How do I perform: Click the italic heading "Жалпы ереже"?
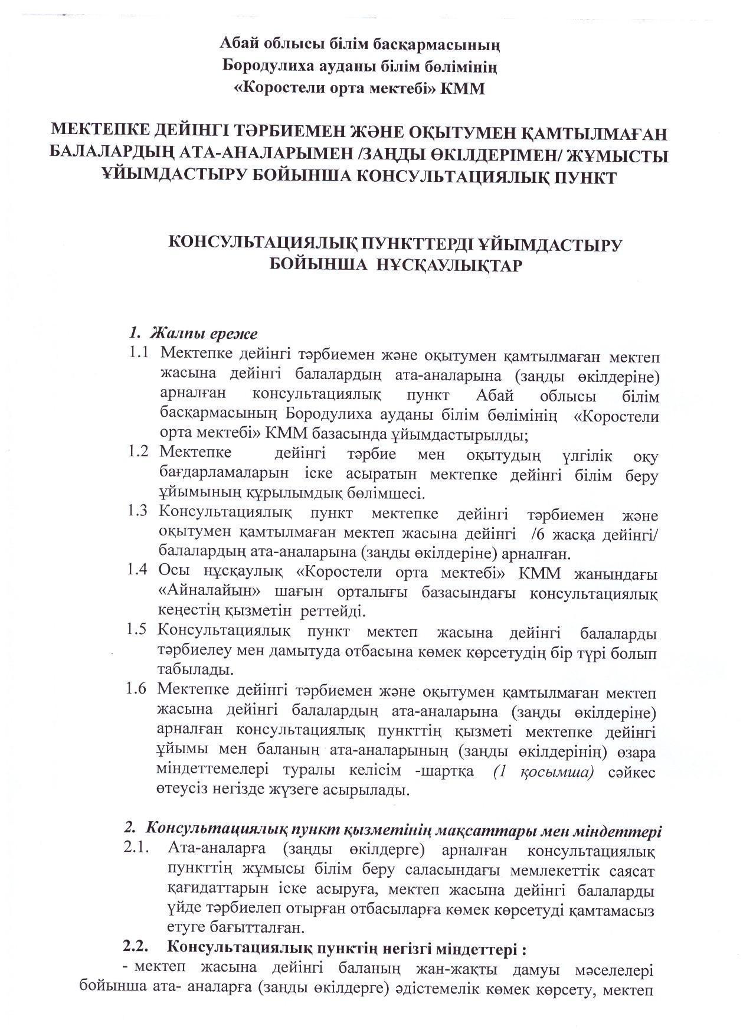pos(204,334)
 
